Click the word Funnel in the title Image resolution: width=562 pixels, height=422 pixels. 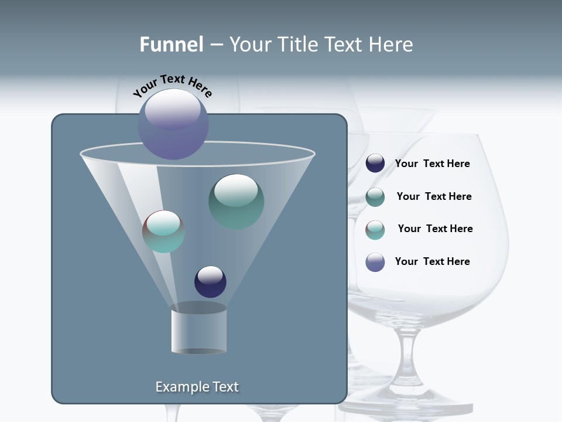pos(171,45)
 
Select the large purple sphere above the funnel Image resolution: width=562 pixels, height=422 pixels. pos(173,124)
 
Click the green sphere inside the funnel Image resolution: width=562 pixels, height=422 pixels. pos(236,201)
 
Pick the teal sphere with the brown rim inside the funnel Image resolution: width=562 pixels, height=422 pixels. pos(163,232)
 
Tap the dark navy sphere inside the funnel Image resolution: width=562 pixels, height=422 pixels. pos(210,281)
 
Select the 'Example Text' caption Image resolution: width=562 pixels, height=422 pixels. pos(197,387)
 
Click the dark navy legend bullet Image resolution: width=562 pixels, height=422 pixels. pos(375,164)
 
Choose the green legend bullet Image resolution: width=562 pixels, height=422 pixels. pos(375,197)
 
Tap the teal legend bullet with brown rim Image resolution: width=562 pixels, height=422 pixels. pos(375,230)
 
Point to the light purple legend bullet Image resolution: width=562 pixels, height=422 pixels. pos(375,262)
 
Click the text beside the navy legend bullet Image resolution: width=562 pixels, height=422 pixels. pos(432,164)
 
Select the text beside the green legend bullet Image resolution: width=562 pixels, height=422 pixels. pos(434,196)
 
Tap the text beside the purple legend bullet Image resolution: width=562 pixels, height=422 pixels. pos(432,261)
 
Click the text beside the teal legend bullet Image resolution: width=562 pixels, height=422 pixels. pos(435,229)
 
